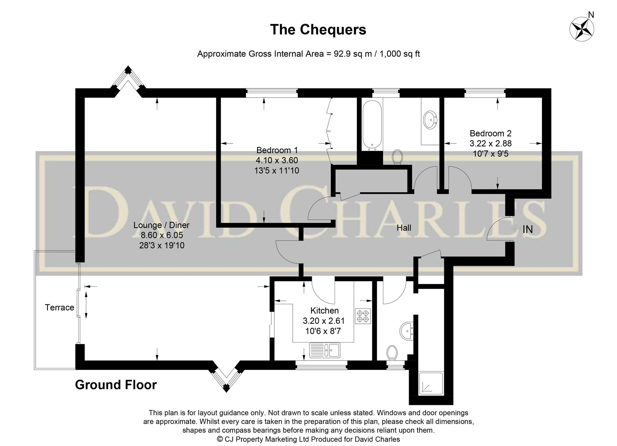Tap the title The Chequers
[x=318, y=30]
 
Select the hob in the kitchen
[x=363, y=316]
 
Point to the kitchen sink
[x=324, y=350]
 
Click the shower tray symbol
[x=431, y=384]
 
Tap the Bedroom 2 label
[x=491, y=133]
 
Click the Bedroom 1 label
[x=277, y=150]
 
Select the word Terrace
[x=59, y=308]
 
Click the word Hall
[x=404, y=228]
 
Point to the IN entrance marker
[x=527, y=230]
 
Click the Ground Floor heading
[x=116, y=385]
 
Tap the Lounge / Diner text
[x=161, y=225]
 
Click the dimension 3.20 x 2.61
[x=324, y=321]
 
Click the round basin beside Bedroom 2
[x=430, y=119]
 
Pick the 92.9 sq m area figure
[x=352, y=54]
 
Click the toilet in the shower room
[x=392, y=353]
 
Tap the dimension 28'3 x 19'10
[x=162, y=245]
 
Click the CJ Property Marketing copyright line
[x=308, y=439]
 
